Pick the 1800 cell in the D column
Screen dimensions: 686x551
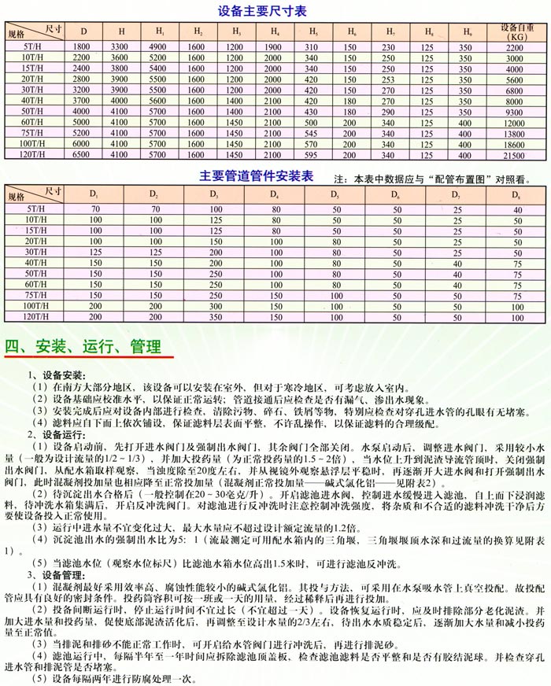coord(83,49)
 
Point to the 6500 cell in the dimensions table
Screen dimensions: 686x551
coord(83,157)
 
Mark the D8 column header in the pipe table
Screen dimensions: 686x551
coord(516,194)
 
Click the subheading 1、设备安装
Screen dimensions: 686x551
coord(62,374)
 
